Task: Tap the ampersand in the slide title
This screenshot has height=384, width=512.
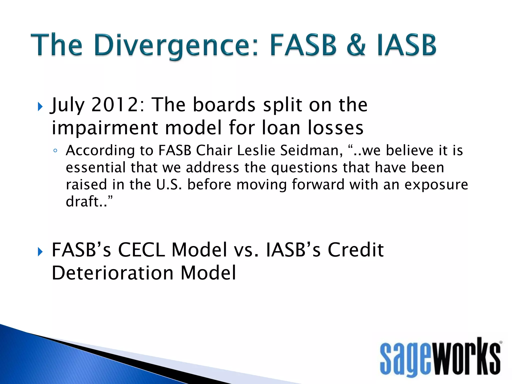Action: pyautogui.click(x=356, y=45)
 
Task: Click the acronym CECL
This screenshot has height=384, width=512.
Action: pyautogui.click(x=141, y=250)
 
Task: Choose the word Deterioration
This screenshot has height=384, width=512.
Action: pyautogui.click(x=112, y=273)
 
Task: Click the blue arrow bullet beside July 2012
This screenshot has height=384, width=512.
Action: pyautogui.click(x=40, y=107)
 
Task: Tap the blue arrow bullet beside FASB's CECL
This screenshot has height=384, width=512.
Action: pyautogui.click(x=40, y=252)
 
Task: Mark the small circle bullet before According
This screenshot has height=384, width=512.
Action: pyautogui.click(x=55, y=151)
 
